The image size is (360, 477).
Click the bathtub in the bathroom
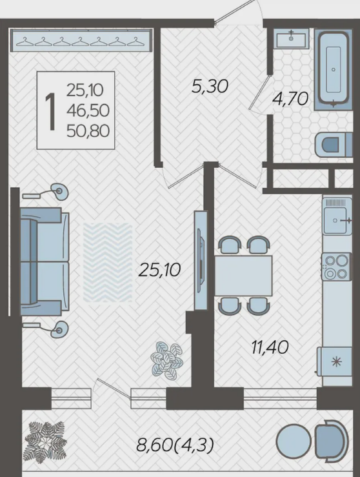[334, 69]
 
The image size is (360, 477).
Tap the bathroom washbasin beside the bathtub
[291, 39]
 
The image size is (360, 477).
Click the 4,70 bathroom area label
[290, 99]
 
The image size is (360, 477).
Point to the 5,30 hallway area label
[210, 86]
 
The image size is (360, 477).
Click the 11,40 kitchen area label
[270, 347]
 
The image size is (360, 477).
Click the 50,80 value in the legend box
[88, 131]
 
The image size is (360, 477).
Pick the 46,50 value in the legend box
[88, 111]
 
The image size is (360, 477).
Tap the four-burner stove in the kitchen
[337, 267]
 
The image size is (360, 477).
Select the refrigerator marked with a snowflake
[334, 361]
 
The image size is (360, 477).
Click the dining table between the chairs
[243, 276]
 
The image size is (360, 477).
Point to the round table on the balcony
[294, 440]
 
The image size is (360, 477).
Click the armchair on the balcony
[332, 440]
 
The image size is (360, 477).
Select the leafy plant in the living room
[167, 361]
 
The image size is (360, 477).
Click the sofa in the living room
[45, 262]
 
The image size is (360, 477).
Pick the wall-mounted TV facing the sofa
[200, 261]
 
